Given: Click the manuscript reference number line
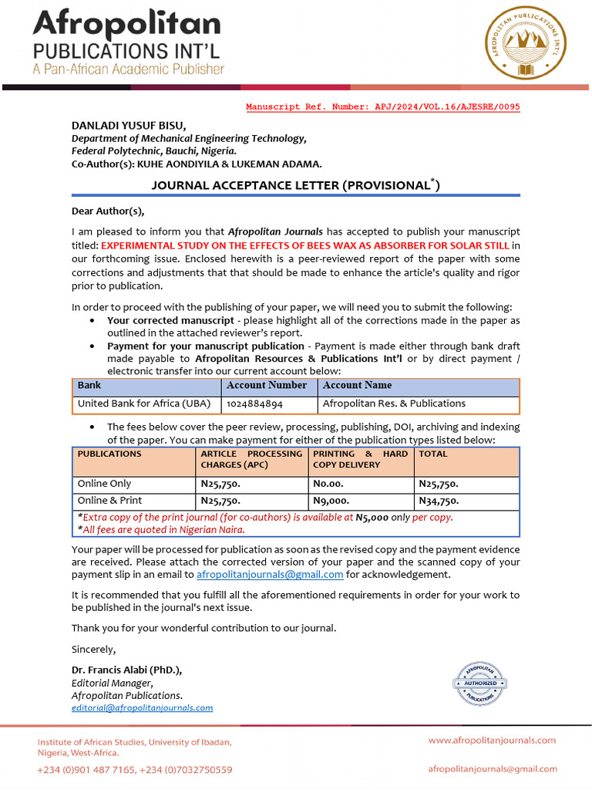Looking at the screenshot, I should point(382,107).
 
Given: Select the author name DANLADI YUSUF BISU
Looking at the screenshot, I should point(129,125).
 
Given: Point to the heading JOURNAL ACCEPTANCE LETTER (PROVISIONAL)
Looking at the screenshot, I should point(295,185).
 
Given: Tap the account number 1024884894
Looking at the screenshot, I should point(254,403).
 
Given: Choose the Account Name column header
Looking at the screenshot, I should point(357,385).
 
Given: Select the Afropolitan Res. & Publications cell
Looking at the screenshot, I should point(394,403).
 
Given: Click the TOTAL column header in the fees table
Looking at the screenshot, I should point(433,454).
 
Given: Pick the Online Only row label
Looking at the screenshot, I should point(105,484).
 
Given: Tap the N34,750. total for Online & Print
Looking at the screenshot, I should point(439,501).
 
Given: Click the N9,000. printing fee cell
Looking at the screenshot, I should point(331,501).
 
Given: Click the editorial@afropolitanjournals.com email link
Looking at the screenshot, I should point(143,707).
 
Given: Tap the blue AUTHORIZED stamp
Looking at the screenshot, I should point(480,684).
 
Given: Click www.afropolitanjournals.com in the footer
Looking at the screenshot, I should point(492,740).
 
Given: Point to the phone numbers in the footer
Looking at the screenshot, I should point(135,769).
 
